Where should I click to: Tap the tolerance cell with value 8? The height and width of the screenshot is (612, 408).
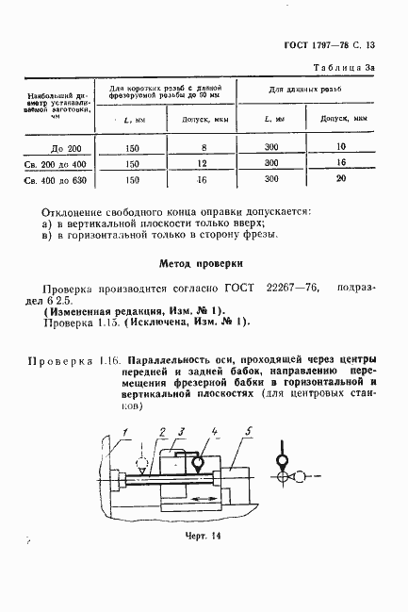click(202, 147)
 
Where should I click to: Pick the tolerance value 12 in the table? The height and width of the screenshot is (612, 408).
click(202, 163)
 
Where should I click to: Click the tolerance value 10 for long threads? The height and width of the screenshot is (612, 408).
click(340, 147)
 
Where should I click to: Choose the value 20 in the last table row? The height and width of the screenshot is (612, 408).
click(340, 179)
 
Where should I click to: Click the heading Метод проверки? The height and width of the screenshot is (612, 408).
click(203, 265)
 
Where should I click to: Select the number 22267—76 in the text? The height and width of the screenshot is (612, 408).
click(284, 292)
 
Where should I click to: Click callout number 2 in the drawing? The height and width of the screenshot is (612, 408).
click(162, 431)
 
